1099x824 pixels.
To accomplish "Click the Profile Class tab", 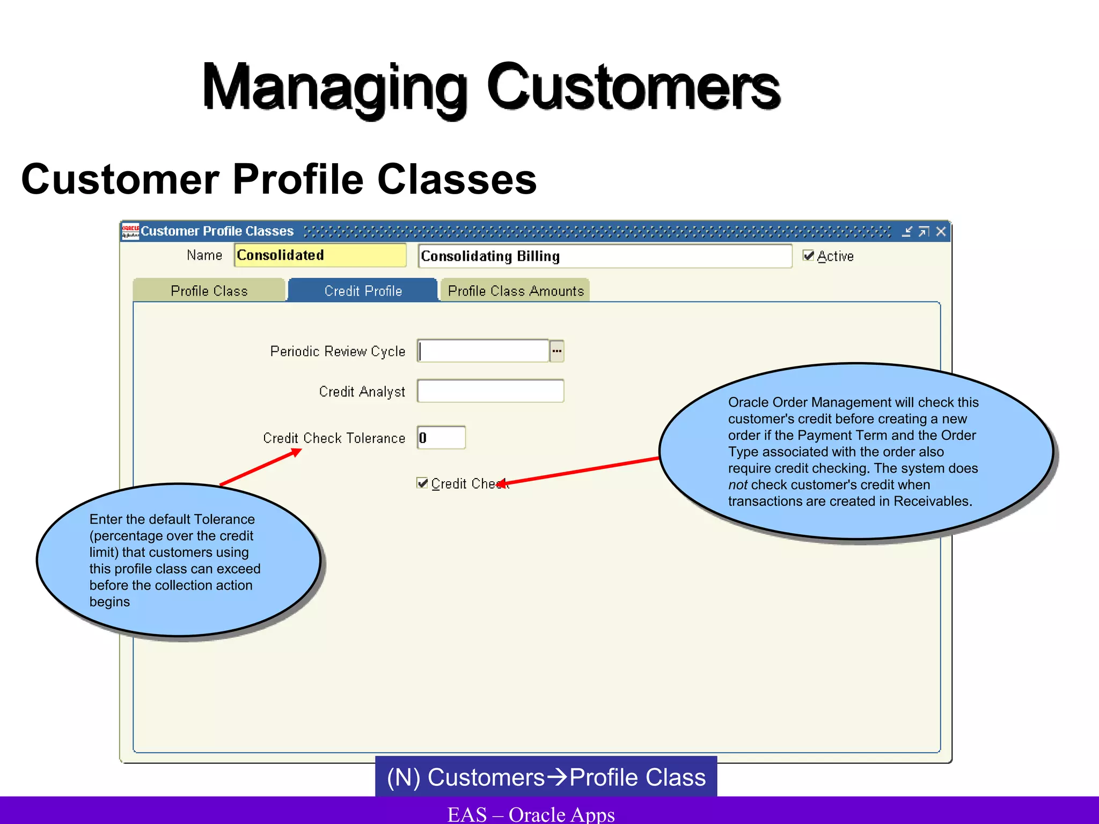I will pyautogui.click(x=209, y=291).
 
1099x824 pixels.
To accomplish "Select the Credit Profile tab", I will pyautogui.click(x=363, y=291).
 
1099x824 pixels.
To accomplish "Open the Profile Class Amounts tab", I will pyautogui.click(x=515, y=291).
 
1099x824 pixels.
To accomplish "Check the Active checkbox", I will pyautogui.click(x=808, y=256).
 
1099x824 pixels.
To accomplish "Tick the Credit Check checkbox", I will pyautogui.click(x=422, y=483).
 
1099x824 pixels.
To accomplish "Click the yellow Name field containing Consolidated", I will pyautogui.click(x=320, y=255).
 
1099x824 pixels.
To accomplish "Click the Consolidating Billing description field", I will pyautogui.click(x=604, y=256).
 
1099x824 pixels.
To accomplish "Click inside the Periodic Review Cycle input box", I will pyautogui.click(x=483, y=351).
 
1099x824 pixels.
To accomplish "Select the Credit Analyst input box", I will pyautogui.click(x=490, y=391).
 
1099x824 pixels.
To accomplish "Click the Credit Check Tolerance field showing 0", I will pyautogui.click(x=441, y=438).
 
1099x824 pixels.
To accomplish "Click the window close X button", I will pyautogui.click(x=941, y=231).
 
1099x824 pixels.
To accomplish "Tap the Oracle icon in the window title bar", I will pyautogui.click(x=130, y=231).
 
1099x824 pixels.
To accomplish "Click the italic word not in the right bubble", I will pyautogui.click(x=737, y=485).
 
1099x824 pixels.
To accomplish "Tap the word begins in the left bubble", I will pyautogui.click(x=109, y=602).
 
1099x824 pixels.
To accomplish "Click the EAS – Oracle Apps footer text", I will pyautogui.click(x=531, y=814).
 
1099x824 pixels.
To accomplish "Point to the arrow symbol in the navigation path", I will pyautogui.click(x=558, y=777).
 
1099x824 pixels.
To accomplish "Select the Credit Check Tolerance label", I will pyautogui.click(x=334, y=438).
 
